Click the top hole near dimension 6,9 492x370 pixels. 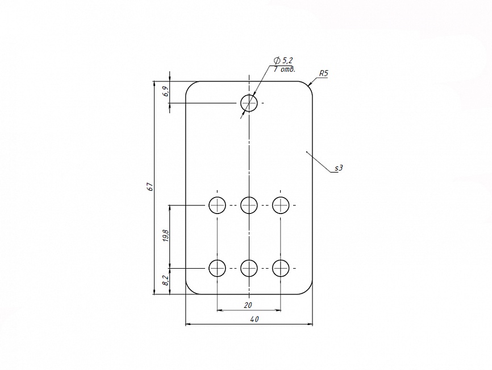click(249, 103)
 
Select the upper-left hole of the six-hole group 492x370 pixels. click(218, 204)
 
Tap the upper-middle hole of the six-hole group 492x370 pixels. click(249, 204)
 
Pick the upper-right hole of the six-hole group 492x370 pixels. click(281, 204)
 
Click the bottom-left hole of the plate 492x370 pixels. click(218, 268)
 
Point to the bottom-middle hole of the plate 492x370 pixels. click(249, 268)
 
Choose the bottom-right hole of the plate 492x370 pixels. click(281, 268)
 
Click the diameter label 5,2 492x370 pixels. click(287, 60)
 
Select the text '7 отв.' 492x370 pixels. click(284, 69)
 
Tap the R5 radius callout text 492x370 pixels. click(324, 73)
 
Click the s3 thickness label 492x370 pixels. click(339, 168)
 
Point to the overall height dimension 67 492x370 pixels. click(149, 187)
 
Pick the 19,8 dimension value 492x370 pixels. click(165, 236)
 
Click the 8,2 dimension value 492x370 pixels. click(165, 281)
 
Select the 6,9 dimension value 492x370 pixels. click(165, 91)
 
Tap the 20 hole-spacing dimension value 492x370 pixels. click(248, 305)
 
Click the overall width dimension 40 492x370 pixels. click(254, 319)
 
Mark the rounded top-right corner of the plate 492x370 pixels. click(309, 85)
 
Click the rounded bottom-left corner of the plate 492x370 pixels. click(190, 291)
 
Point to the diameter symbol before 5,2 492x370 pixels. click(277, 60)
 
